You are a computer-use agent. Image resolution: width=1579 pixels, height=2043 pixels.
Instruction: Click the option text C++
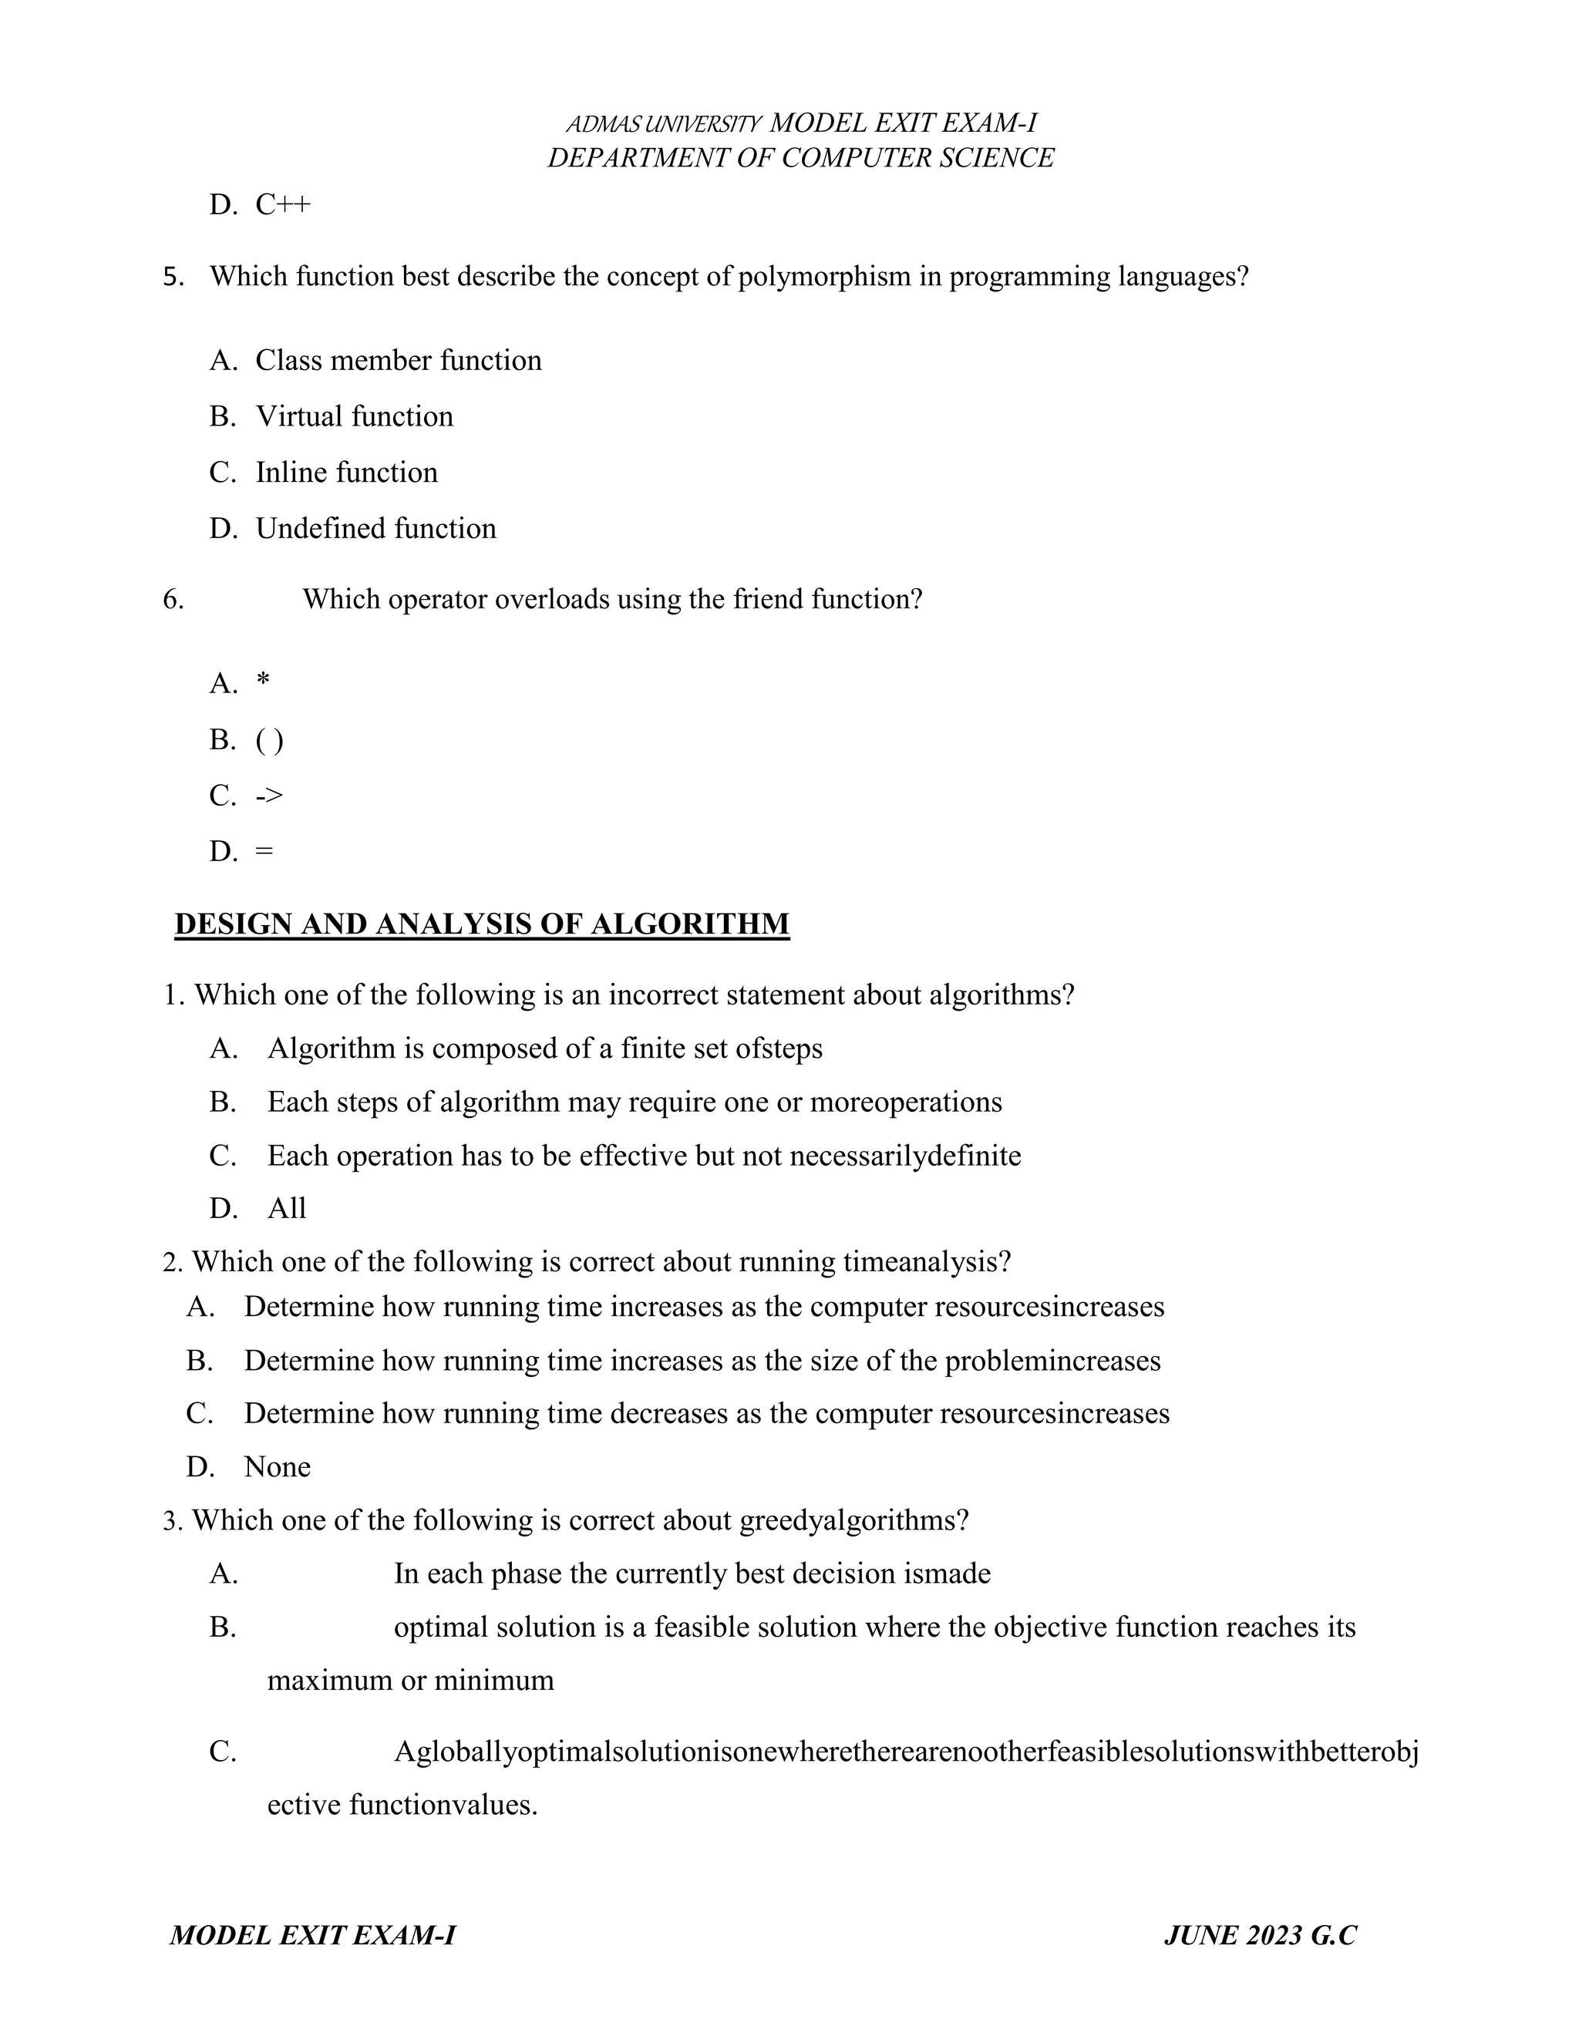point(282,205)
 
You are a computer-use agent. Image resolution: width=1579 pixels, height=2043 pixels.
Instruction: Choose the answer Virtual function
point(355,416)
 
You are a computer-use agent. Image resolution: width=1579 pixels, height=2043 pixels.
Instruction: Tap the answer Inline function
point(346,473)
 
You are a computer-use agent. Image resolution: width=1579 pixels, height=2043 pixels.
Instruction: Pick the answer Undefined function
point(375,529)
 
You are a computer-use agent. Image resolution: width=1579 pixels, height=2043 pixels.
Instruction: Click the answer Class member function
point(399,361)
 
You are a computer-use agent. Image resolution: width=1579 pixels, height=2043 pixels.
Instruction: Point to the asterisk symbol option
point(263,682)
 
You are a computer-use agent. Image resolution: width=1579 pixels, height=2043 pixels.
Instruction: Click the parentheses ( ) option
point(269,740)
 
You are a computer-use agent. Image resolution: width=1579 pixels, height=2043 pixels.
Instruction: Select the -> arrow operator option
point(268,796)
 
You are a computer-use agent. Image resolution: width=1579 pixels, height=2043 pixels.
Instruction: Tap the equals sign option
point(264,852)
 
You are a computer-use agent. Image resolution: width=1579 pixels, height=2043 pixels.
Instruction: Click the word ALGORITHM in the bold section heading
point(689,924)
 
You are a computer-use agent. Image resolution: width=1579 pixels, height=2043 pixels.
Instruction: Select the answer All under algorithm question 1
point(286,1209)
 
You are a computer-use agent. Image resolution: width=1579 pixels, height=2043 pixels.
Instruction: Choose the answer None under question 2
point(277,1467)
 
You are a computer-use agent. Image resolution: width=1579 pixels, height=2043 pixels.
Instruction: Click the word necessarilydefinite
point(904,1156)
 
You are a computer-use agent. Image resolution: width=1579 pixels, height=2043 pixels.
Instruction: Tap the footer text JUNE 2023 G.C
point(1260,1935)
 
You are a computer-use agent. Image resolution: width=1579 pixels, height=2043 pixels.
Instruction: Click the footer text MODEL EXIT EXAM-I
point(312,1935)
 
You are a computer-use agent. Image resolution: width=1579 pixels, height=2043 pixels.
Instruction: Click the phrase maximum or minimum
point(411,1680)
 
